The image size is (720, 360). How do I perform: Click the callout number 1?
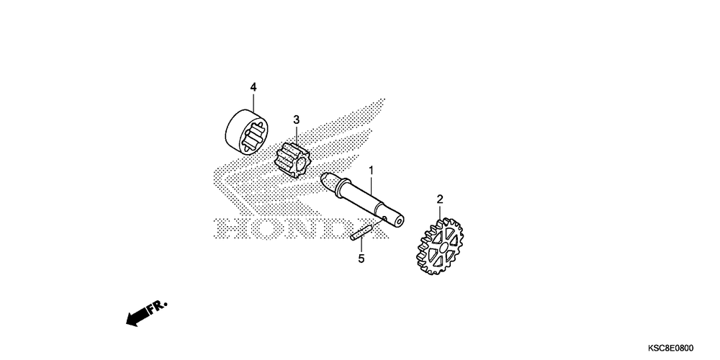pyautogui.click(x=372, y=171)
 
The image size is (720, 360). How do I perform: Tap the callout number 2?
pyautogui.click(x=439, y=199)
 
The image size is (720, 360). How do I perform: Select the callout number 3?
pyautogui.click(x=295, y=120)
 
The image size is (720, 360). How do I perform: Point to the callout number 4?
pyautogui.click(x=253, y=87)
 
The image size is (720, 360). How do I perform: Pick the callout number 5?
pyautogui.click(x=361, y=258)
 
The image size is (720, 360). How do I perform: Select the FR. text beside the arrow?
pyautogui.click(x=156, y=308)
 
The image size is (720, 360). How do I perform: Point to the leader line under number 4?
pyautogui.click(x=253, y=102)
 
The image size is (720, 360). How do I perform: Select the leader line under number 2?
pyautogui.click(x=439, y=211)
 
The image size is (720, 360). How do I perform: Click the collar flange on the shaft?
pyautogui.click(x=325, y=180)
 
